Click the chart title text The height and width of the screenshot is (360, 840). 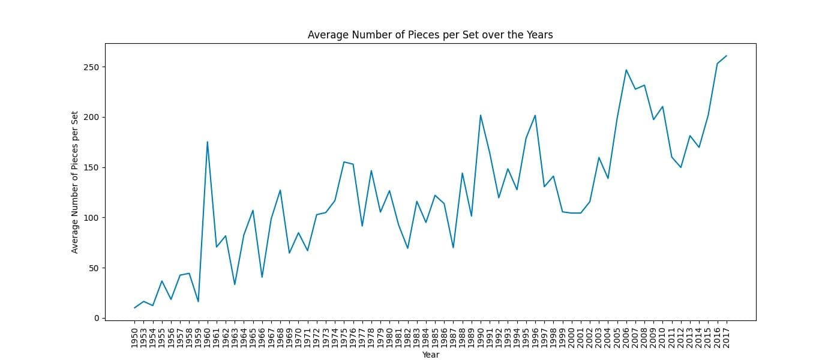[x=430, y=35]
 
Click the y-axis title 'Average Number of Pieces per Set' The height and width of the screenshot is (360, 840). [x=75, y=182]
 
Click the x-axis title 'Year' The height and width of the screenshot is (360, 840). [x=430, y=355]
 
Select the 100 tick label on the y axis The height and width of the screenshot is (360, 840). [x=91, y=218]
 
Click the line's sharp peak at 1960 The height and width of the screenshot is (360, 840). [x=207, y=142]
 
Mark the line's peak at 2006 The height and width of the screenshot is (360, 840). [x=626, y=70]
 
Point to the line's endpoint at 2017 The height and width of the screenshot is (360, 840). [x=726, y=56]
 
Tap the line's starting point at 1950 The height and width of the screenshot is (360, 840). [x=134, y=308]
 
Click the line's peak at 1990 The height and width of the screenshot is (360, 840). [x=481, y=115]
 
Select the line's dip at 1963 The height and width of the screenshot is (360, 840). [x=235, y=284]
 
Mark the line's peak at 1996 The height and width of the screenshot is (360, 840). [x=535, y=115]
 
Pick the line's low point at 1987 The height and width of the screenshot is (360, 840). [x=453, y=248]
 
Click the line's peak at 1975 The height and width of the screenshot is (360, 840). [x=344, y=162]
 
